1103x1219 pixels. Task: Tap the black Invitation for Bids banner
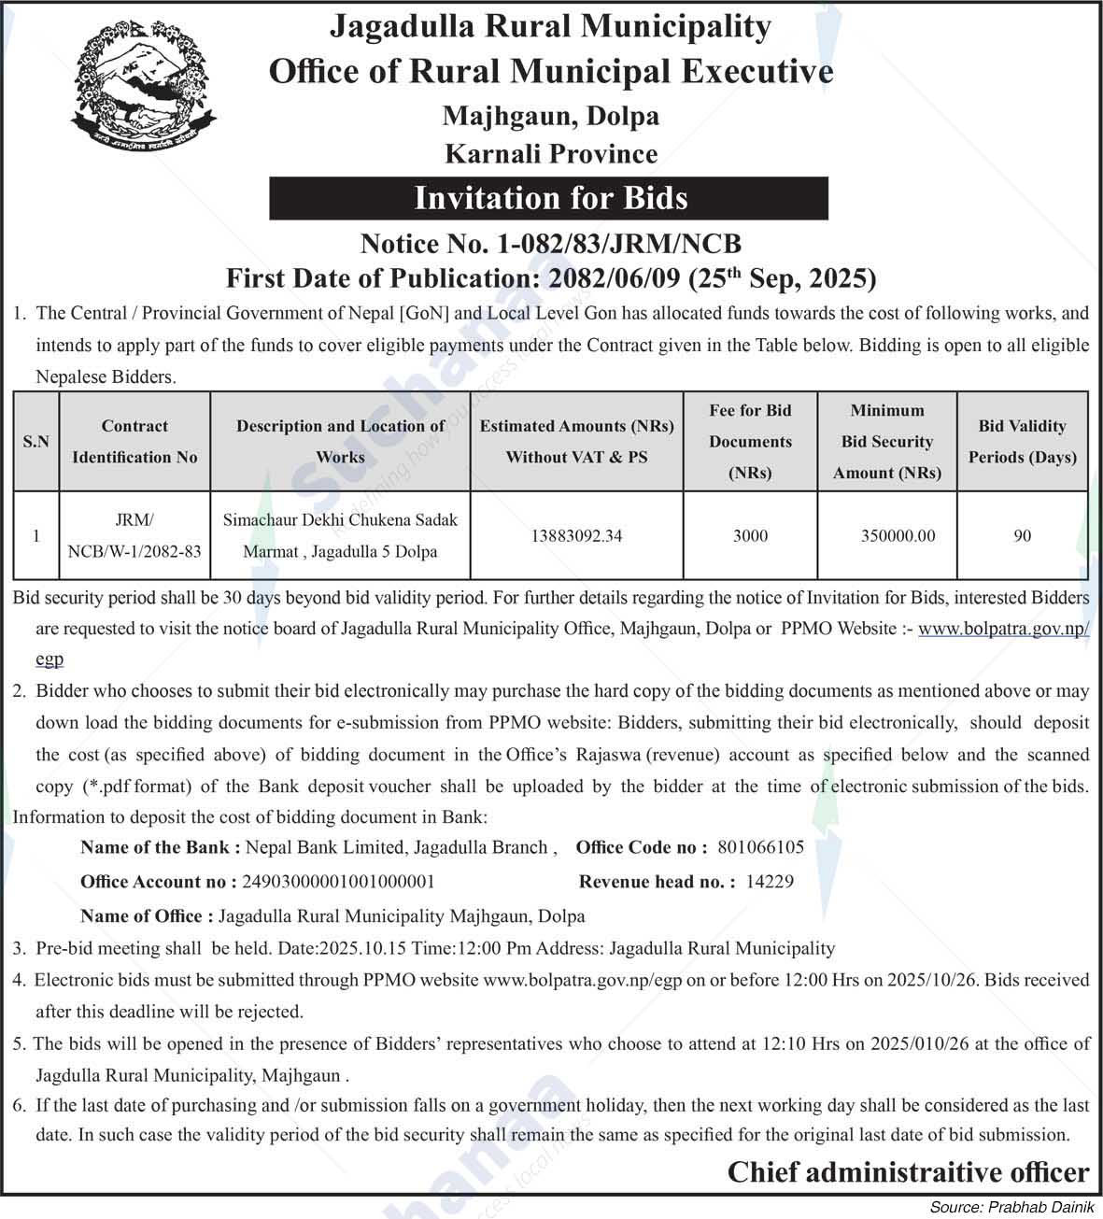point(549,198)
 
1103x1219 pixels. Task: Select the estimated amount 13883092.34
point(576,536)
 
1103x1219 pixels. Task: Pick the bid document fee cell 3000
point(750,536)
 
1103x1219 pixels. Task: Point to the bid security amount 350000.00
point(898,536)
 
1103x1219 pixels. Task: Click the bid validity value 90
point(1022,536)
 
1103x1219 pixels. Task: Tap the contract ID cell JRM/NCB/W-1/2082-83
point(134,535)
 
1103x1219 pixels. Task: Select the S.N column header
point(35,441)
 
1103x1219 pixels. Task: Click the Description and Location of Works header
point(340,441)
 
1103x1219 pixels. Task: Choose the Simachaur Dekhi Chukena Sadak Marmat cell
point(340,535)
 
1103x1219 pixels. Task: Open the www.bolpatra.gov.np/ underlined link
point(1003,629)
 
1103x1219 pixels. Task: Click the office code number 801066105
point(760,847)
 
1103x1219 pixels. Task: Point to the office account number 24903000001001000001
point(338,882)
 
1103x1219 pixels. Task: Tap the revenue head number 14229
point(770,882)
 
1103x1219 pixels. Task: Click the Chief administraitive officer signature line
point(908,1172)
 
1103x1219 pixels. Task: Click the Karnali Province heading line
point(551,153)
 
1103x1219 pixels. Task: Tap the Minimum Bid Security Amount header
point(886,441)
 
